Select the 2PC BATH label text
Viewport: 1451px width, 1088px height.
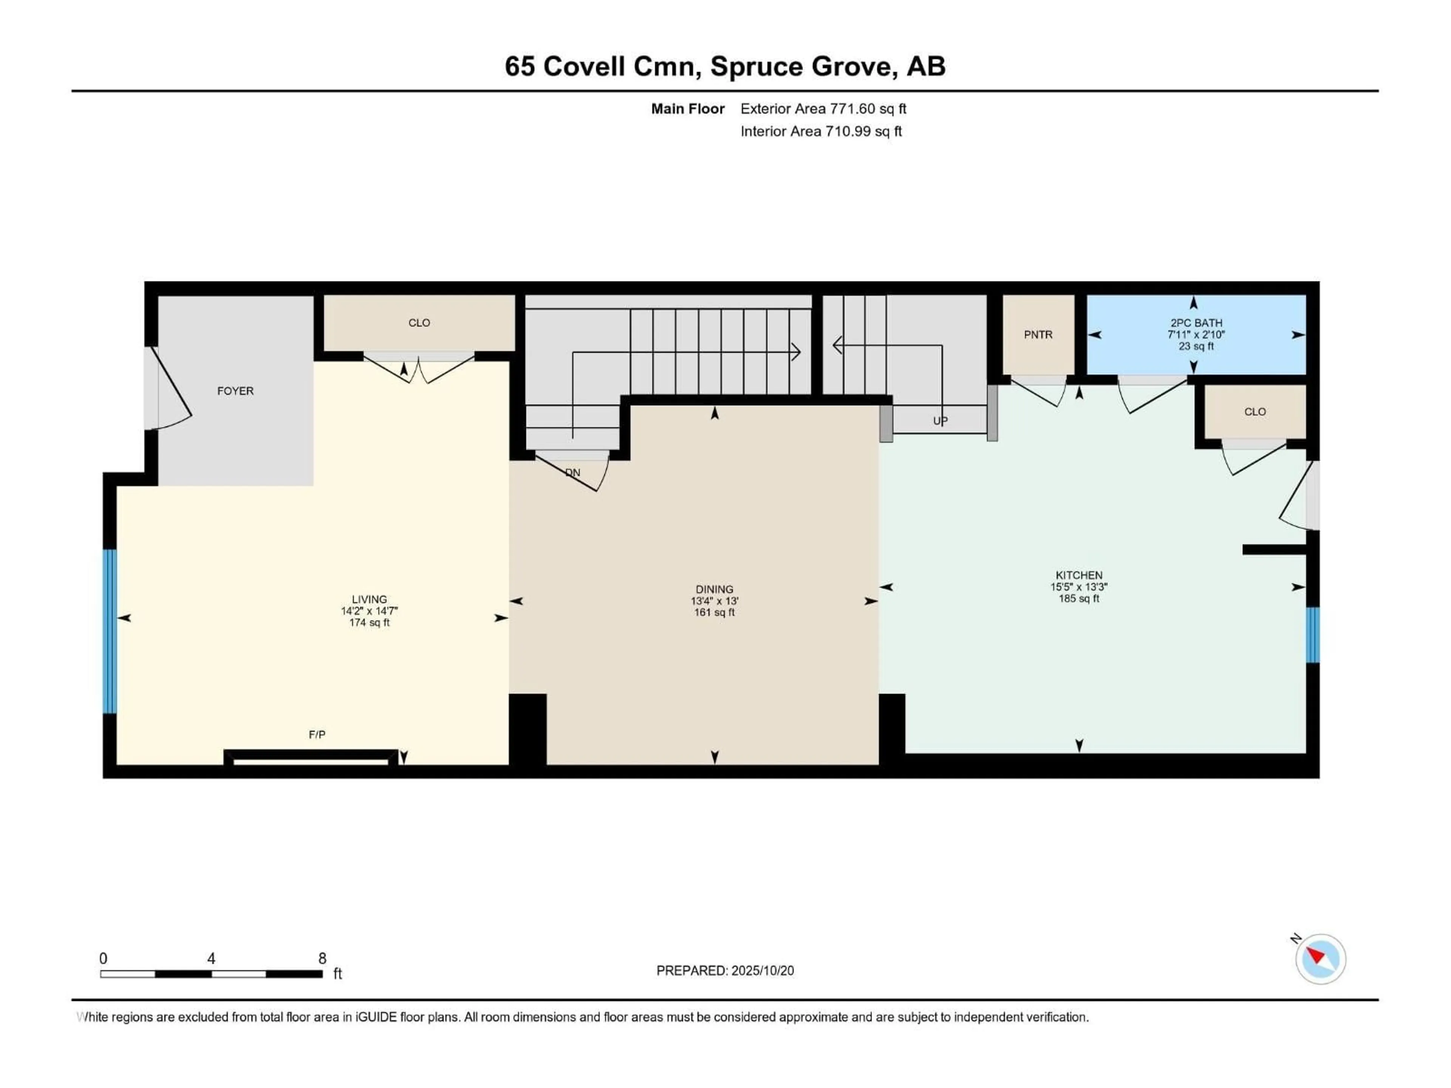coord(1196,323)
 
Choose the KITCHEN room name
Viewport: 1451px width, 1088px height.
coord(1079,575)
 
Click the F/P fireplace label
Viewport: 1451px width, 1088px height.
coord(317,734)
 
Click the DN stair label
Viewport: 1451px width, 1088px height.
coord(573,472)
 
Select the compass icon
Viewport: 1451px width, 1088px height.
coord(1321,959)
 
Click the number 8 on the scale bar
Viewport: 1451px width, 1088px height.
coord(322,958)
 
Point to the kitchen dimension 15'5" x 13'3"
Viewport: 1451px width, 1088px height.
coord(1079,587)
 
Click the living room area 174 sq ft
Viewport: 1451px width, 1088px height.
coord(369,622)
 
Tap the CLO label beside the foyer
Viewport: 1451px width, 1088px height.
coord(419,323)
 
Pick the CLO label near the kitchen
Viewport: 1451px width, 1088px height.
coord(1255,412)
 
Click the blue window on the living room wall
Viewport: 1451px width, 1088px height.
coord(110,631)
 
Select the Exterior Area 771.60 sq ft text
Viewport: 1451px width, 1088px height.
coord(823,109)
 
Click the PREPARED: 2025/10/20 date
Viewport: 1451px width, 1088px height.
coord(725,971)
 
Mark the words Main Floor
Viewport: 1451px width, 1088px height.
coord(687,109)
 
